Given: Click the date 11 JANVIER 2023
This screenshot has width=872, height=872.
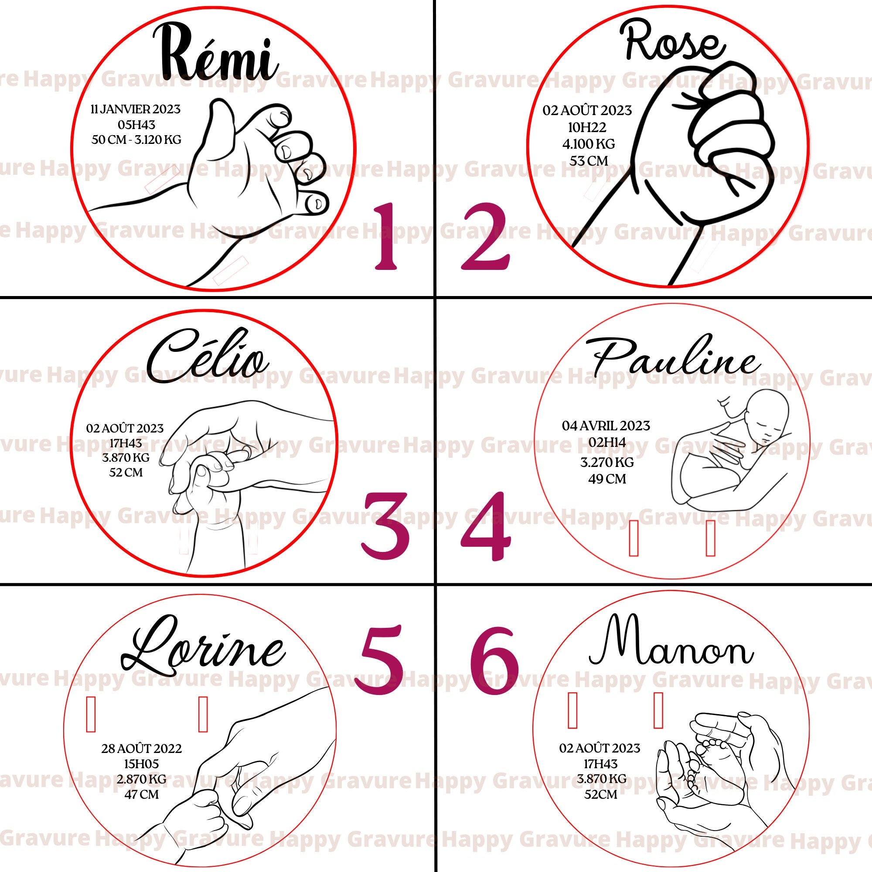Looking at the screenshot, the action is point(136,109).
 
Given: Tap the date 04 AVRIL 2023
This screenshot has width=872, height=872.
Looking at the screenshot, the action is point(606,426).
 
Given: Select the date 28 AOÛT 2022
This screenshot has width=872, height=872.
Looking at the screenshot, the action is point(141,748).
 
